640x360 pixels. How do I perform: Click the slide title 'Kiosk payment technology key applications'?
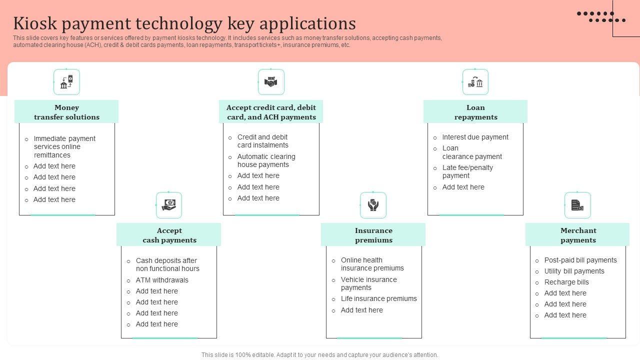(x=184, y=23)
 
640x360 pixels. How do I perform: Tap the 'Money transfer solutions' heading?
(x=66, y=112)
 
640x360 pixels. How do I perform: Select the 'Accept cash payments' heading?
(x=169, y=235)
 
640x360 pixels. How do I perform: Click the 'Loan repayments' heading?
(x=475, y=112)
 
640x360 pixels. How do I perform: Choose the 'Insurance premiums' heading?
(x=373, y=235)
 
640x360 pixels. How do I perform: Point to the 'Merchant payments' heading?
(x=578, y=235)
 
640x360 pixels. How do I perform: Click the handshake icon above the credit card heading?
(x=271, y=82)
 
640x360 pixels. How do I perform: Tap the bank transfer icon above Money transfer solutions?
(x=66, y=82)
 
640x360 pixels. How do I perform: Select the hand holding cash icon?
(x=169, y=205)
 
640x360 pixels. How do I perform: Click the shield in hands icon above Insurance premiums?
(x=373, y=205)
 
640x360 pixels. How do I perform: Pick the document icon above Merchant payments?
(x=577, y=205)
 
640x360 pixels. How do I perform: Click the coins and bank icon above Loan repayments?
(x=475, y=82)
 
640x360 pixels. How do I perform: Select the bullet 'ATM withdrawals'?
(x=162, y=280)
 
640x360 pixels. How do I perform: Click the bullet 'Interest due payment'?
(x=475, y=137)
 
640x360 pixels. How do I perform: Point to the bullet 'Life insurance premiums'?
(x=378, y=298)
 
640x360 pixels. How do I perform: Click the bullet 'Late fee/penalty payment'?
(x=467, y=171)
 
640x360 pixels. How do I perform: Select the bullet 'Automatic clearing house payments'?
(x=266, y=160)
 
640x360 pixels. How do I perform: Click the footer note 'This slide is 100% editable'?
(x=319, y=355)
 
